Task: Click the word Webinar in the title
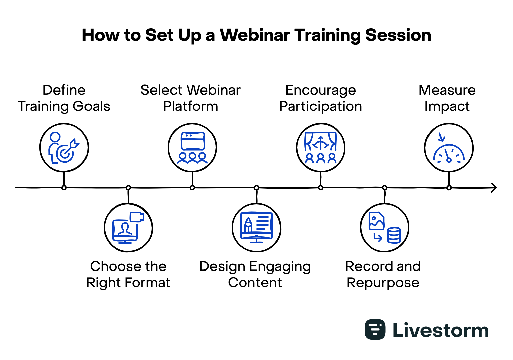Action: [255, 35]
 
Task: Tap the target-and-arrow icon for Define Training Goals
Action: [64, 148]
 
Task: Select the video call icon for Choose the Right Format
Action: [128, 228]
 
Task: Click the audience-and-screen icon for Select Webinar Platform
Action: [192, 148]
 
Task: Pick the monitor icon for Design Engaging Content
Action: [256, 228]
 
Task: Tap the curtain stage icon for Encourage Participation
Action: [320, 148]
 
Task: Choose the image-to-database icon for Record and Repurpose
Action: [385, 228]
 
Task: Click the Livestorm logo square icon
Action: [375, 329]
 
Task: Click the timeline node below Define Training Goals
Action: [64, 188]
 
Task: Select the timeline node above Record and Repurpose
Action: [385, 188]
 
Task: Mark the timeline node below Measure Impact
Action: [449, 188]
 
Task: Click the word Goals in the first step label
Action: [92, 106]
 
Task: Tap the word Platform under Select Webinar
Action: [191, 106]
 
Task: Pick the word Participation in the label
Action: [321, 107]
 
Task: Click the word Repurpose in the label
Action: [383, 283]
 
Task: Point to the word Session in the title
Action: [398, 35]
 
